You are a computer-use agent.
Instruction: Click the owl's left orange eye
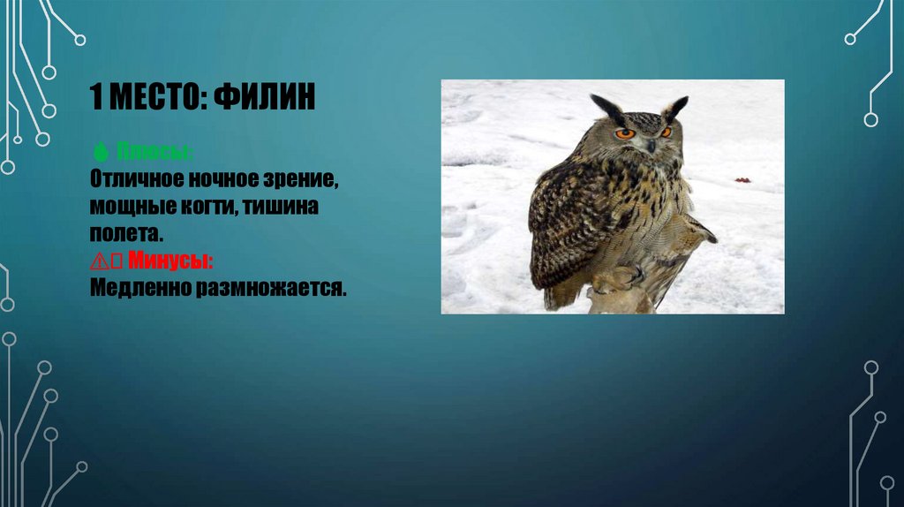[624, 133]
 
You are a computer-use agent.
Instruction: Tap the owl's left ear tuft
[606, 108]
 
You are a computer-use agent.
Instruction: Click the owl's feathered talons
[618, 281]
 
